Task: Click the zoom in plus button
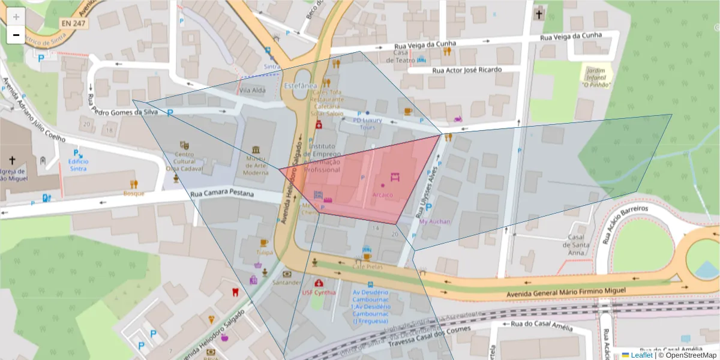(x=16, y=17)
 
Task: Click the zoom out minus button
(x=16, y=35)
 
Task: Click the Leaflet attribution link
(x=641, y=355)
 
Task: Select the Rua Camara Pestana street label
(x=223, y=194)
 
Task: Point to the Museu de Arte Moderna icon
(x=256, y=149)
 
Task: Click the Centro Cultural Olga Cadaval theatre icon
(x=184, y=145)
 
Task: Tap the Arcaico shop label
(x=383, y=194)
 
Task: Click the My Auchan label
(x=434, y=221)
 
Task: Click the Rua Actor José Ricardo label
(x=466, y=70)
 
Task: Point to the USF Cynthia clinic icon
(x=318, y=283)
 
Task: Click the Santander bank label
(x=286, y=282)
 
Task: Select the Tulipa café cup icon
(x=263, y=243)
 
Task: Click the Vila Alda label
(x=252, y=91)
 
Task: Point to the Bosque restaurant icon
(x=134, y=184)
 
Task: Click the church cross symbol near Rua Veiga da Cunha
(x=538, y=13)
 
